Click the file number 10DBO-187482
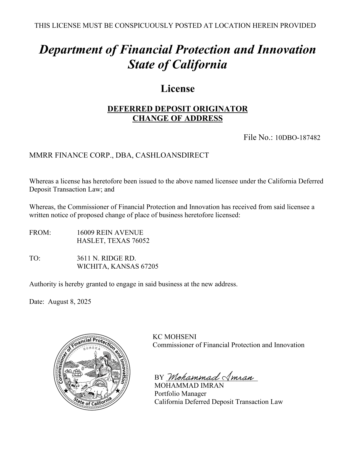[297, 138]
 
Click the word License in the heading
[178, 89]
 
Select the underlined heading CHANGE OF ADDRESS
[178, 119]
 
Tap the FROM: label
[40, 233]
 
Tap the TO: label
[35, 258]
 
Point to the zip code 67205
[149, 267]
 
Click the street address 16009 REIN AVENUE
[110, 233]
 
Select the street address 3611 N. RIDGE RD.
[106, 258]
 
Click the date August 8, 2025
[69, 302]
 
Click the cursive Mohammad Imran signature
[211, 376]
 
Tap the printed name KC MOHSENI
[174, 337]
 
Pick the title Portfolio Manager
[180, 394]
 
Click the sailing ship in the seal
[77, 373]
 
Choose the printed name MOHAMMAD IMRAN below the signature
[189, 385]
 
